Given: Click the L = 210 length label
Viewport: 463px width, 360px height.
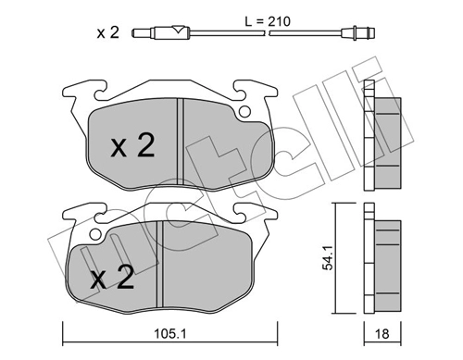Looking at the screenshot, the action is click(268, 21).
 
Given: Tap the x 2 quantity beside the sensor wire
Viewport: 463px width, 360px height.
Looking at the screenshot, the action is click(107, 32).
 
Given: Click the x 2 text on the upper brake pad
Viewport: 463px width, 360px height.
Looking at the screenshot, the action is click(132, 145).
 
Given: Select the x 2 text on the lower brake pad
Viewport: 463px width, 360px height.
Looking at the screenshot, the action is click(112, 277).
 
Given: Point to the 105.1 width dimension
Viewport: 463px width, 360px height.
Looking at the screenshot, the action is click(170, 333).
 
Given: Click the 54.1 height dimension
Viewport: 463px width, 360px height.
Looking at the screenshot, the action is click(328, 258).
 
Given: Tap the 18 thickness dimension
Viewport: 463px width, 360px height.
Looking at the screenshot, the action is click(382, 333).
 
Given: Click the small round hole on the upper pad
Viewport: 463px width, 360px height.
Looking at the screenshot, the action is click(244, 112).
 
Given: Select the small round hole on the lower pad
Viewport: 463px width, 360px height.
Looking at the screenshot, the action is click(94, 235).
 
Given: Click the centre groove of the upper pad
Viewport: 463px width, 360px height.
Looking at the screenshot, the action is click(181, 142).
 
